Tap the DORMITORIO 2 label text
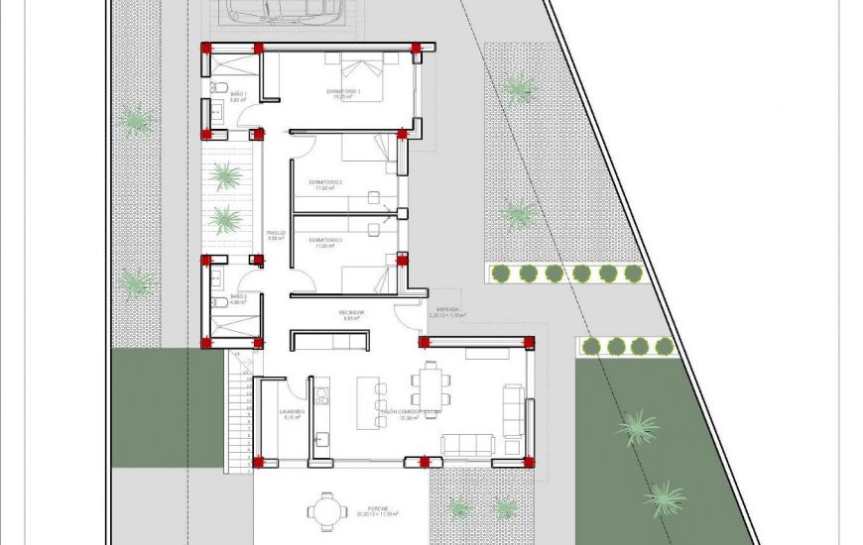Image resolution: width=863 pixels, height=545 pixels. click(x=325, y=184)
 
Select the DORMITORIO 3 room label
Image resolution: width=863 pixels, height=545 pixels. click(x=325, y=242)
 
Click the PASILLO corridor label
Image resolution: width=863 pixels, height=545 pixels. click(x=276, y=236)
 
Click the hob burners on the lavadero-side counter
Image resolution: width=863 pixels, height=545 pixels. click(x=322, y=396)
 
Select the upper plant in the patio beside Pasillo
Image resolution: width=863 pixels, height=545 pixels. click(x=227, y=176)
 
